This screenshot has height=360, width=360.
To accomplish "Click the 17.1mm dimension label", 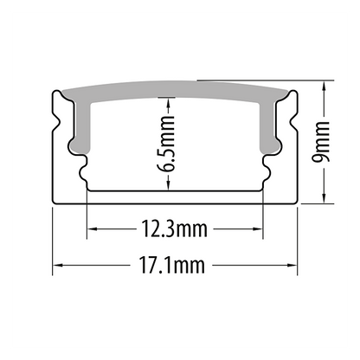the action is (x=172, y=265).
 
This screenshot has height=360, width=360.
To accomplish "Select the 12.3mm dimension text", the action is (x=174, y=229).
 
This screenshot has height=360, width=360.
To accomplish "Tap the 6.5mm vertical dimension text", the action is (x=167, y=144).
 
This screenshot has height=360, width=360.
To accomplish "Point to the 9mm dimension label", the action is (x=321, y=142).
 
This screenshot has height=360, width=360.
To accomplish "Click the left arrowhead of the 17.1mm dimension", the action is (x=57, y=265).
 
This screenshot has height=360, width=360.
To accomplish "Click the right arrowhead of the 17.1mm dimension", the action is (x=292, y=265).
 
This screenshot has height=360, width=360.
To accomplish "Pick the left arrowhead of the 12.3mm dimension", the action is (x=92, y=229).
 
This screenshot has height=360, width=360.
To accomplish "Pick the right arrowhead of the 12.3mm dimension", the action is (x=258, y=229).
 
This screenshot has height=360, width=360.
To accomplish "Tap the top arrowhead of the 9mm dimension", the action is (x=325, y=86).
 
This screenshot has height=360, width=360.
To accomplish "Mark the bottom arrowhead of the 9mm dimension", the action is (x=325, y=198).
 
